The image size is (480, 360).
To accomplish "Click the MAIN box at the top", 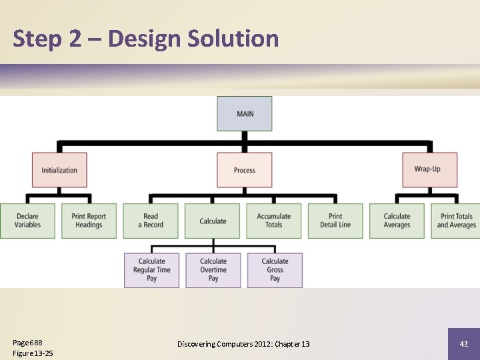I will (x=245, y=113).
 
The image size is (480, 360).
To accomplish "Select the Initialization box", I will (x=59, y=170).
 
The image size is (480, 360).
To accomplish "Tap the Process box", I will (x=245, y=170).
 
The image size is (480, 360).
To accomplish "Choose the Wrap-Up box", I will (x=429, y=169).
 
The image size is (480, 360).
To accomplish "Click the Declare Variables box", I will (x=27, y=221).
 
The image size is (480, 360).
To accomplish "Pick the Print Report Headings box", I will (x=89, y=221).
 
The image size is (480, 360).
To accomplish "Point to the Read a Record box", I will (x=151, y=221).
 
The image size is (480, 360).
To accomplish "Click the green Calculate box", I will (x=213, y=221).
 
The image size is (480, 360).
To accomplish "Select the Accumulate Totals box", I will (x=274, y=221).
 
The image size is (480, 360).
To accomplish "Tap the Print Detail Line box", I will (x=335, y=221).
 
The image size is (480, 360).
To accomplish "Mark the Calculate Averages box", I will (x=397, y=221).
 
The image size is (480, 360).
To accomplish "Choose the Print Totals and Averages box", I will (x=457, y=221).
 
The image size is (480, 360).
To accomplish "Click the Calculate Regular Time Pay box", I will (x=151, y=270).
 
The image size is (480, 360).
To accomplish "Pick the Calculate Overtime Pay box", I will (x=213, y=270).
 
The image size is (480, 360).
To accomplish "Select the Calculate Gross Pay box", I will (x=275, y=270).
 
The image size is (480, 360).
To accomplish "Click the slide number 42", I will (x=463, y=344).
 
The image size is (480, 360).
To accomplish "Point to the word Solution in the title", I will (x=233, y=39).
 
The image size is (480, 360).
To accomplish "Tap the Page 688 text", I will (x=27, y=343).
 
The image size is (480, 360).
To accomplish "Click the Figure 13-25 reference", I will (x=33, y=353).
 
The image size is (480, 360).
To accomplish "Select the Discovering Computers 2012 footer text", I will (x=243, y=344).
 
